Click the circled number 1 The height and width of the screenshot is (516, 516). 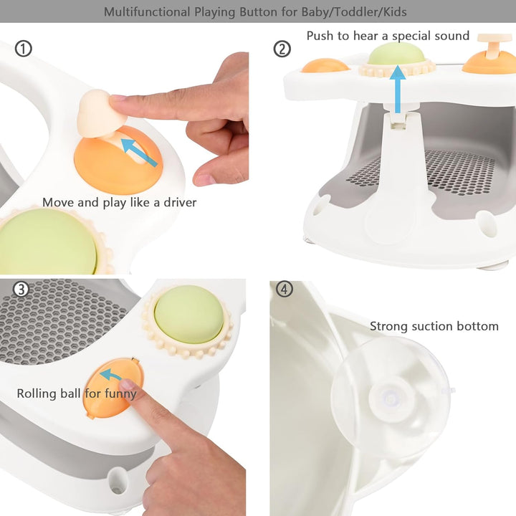[x=24, y=49]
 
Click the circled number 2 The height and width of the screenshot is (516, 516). [x=282, y=49]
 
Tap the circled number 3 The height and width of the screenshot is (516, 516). [x=21, y=290]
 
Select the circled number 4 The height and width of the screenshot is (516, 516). [x=285, y=290]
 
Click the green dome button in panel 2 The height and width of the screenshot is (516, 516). [x=396, y=54]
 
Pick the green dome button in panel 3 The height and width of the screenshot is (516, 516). [x=188, y=313]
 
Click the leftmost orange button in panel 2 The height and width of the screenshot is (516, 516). [x=325, y=65]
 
